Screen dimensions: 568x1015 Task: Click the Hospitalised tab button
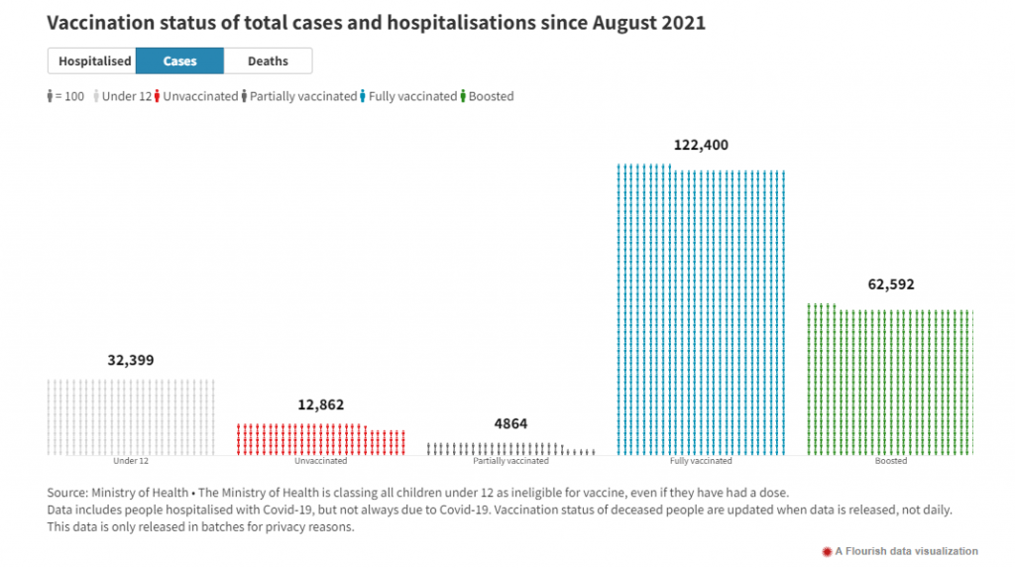[94, 61]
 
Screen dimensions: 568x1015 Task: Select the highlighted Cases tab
[179, 61]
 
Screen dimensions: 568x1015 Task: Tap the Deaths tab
[268, 61]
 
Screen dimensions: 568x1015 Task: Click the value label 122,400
[701, 145]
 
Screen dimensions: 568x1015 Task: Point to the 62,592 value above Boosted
[890, 284]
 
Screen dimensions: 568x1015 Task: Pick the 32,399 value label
[131, 360]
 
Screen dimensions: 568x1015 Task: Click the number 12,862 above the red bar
[321, 404]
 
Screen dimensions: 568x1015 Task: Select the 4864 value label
[510, 424]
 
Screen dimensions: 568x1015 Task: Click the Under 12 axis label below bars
[131, 461]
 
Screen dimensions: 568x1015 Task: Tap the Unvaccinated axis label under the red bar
[321, 461]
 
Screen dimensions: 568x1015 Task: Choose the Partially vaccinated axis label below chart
[510, 461]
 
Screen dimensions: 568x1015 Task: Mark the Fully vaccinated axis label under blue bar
[701, 461]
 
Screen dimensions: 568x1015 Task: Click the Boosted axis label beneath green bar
[890, 461]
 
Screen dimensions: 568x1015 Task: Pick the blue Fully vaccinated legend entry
[406, 96]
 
